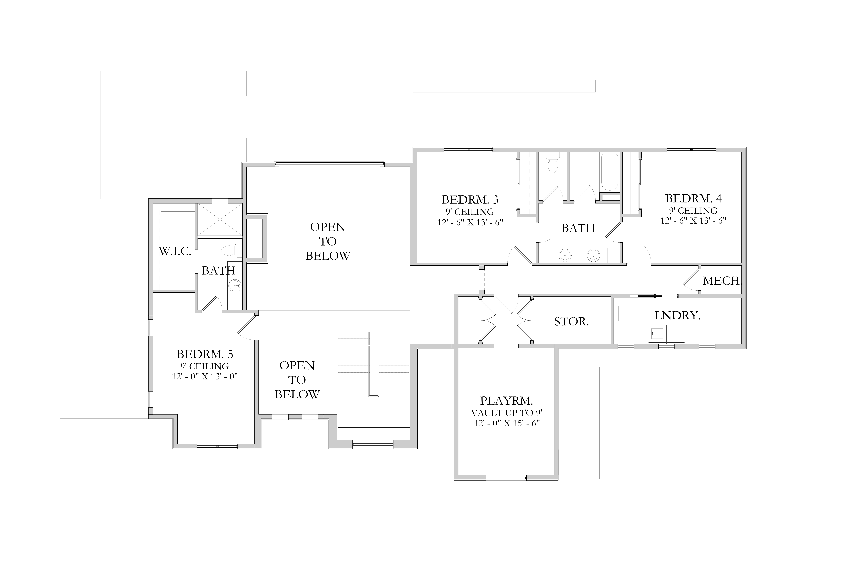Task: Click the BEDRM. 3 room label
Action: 470,200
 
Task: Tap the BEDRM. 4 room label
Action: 693,199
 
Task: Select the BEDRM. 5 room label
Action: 205,354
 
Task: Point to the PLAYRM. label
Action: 506,401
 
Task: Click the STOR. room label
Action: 571,322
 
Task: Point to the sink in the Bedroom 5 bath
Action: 235,286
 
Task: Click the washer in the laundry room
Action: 657,334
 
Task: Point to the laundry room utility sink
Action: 628,313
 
